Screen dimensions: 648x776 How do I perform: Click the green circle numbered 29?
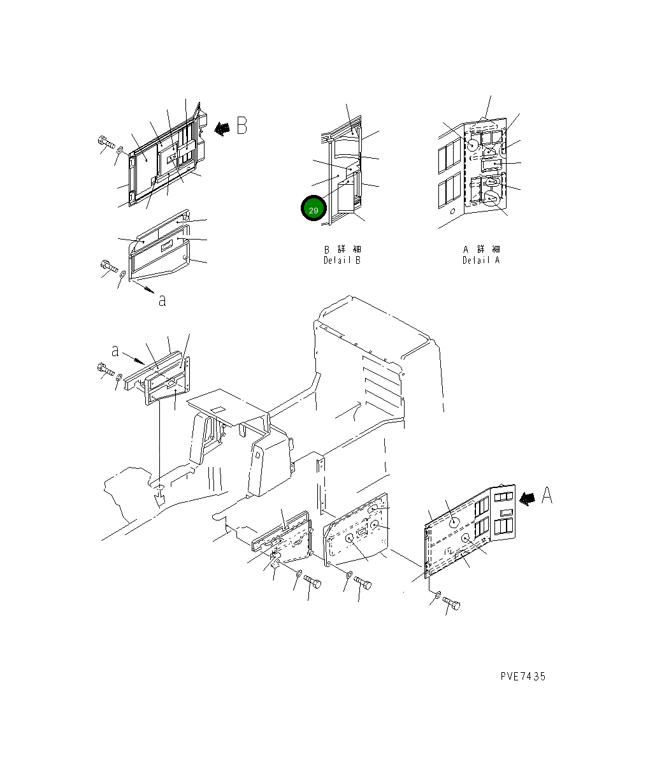pos(313,208)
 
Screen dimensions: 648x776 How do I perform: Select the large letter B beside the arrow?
pos(241,126)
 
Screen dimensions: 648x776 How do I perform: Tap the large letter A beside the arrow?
pos(547,496)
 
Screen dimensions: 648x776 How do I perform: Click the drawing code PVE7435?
pos(522,677)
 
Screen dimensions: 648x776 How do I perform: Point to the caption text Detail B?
pos(342,260)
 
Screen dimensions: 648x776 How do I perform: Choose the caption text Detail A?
pos(480,260)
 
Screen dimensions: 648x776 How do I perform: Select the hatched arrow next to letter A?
pos(527,499)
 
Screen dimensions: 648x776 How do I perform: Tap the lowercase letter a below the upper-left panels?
pos(162,301)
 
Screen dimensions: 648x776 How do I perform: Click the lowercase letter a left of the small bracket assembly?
pos(115,351)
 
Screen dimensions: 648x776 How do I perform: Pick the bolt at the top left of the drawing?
pos(106,142)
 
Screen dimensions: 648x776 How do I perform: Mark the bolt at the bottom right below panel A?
pos(451,603)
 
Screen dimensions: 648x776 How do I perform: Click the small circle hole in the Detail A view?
pos(452,212)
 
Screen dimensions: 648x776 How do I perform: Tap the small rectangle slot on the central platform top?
pos(218,410)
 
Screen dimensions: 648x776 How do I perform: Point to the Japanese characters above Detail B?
pos(342,249)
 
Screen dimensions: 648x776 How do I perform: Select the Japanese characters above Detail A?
pos(482,249)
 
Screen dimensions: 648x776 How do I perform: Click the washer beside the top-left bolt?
pos(120,150)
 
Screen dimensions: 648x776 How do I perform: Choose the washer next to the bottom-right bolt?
pos(438,595)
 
